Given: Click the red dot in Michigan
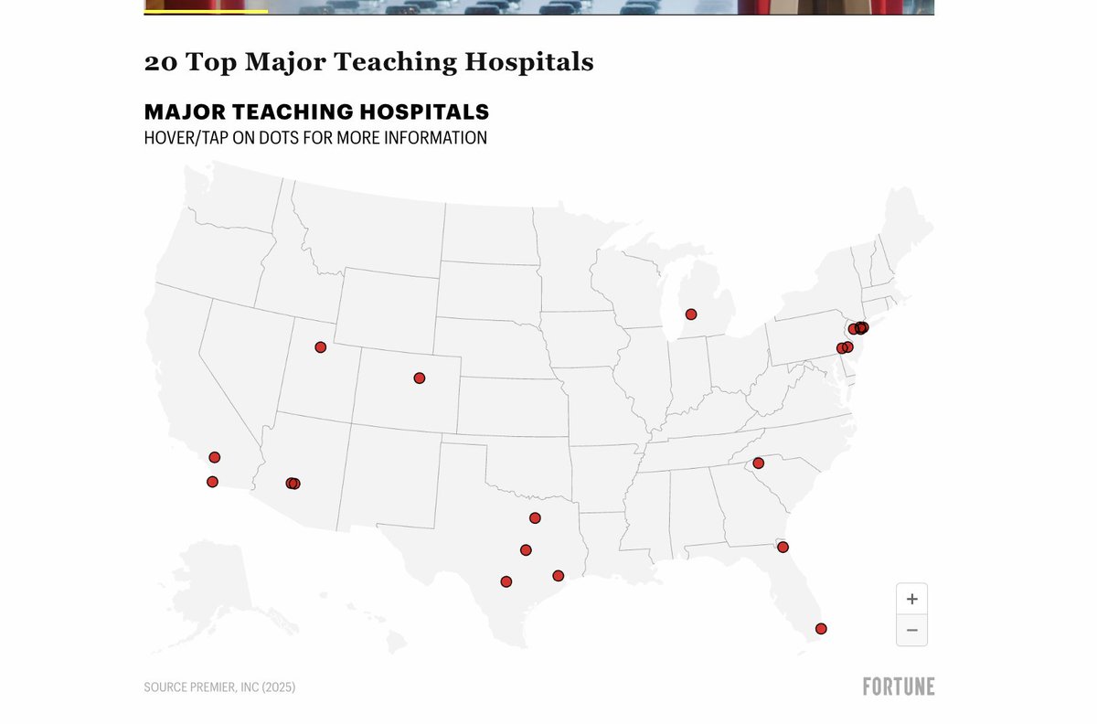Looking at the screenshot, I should pos(691,314).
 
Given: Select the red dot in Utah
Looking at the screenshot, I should pos(320,347).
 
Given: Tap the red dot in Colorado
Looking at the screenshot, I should pos(420,378).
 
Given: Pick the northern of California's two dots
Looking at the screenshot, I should pos(215,457).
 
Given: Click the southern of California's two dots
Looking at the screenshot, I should pos(212,482).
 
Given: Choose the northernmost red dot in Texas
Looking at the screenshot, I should pos(535,518).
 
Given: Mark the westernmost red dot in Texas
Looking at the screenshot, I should pos(506,581).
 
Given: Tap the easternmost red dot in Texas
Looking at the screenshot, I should pos(559,576).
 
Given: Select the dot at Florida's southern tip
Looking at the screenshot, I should pos(821,628).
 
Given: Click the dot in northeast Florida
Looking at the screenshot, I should pos(783,547).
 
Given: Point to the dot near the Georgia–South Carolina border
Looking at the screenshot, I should pos(758,463).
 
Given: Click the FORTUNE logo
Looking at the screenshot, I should pos(898,687).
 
